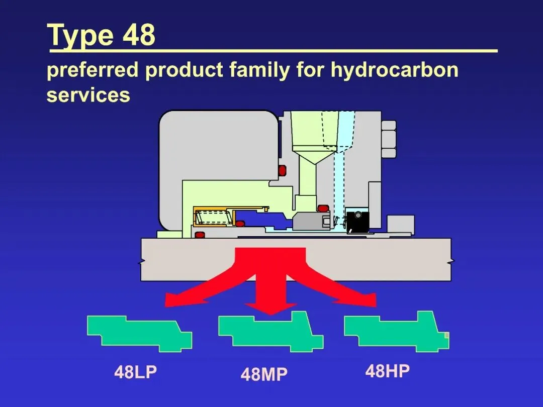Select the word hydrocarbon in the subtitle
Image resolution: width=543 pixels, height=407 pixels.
pyautogui.click(x=394, y=70)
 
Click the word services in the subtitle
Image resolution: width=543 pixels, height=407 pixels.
pyautogui.click(x=88, y=94)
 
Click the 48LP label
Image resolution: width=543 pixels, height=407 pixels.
pyautogui.click(x=136, y=372)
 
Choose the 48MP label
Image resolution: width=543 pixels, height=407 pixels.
pyautogui.click(x=264, y=374)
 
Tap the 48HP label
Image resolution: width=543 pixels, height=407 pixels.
pyautogui.click(x=387, y=371)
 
